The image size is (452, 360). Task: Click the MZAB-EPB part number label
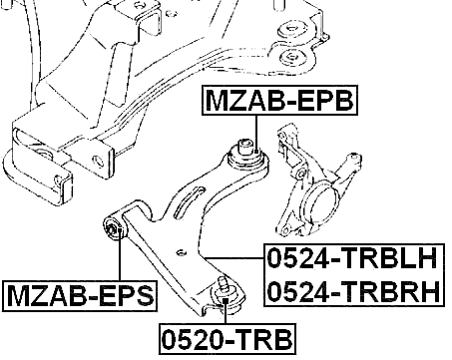coord(279,101)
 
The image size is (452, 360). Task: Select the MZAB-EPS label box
coord(81,295)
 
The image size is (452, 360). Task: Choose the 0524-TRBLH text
coord(351,259)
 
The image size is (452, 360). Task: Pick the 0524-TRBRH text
coord(351,291)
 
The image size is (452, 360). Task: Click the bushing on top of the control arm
coord(246,152)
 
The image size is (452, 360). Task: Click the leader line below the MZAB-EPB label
coord(258,130)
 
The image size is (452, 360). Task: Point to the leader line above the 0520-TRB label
coord(226,311)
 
